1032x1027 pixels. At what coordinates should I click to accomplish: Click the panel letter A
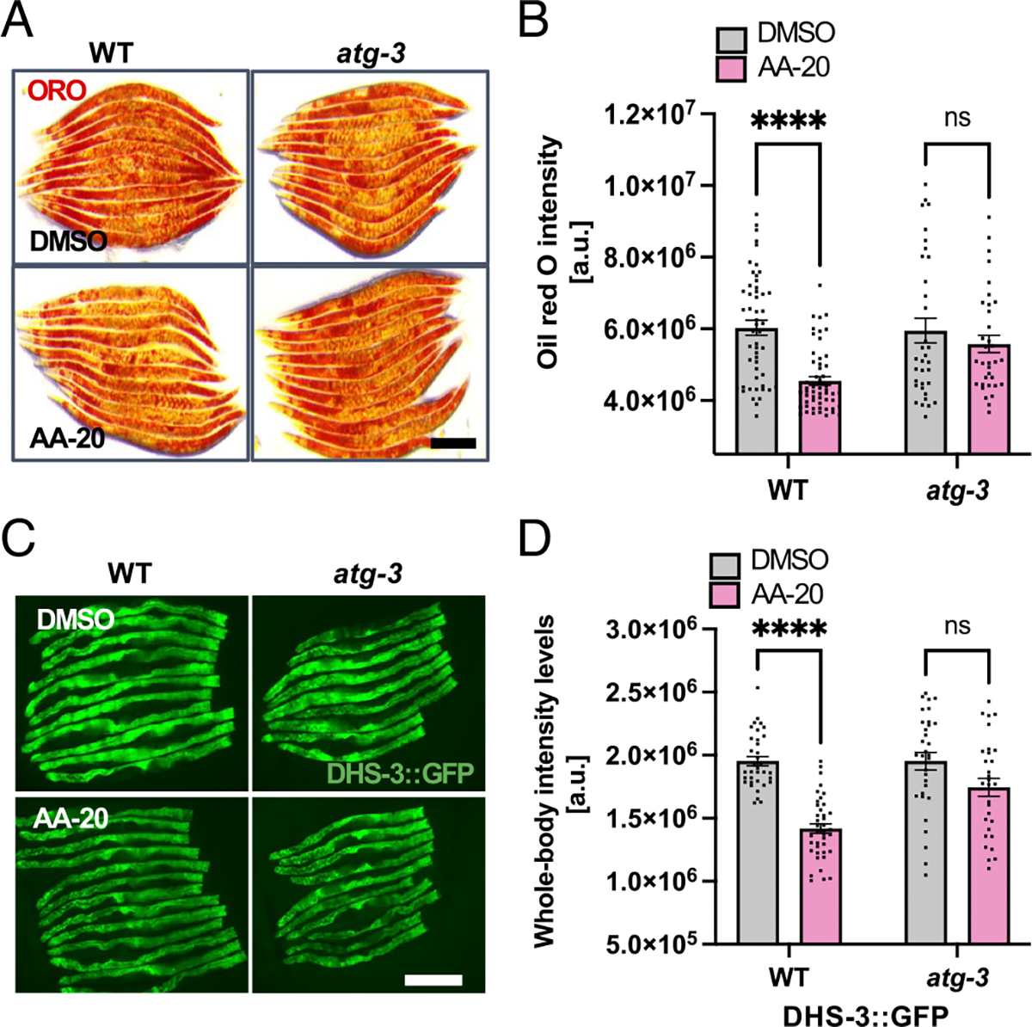(19, 22)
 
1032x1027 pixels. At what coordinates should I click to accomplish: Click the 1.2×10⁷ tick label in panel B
(652, 114)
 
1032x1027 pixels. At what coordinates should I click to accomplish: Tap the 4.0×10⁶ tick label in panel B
(652, 401)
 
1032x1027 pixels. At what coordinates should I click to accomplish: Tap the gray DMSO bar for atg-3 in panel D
(925, 852)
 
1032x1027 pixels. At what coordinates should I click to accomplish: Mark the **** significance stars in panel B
(789, 121)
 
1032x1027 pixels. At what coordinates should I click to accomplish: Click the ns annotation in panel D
(957, 626)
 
